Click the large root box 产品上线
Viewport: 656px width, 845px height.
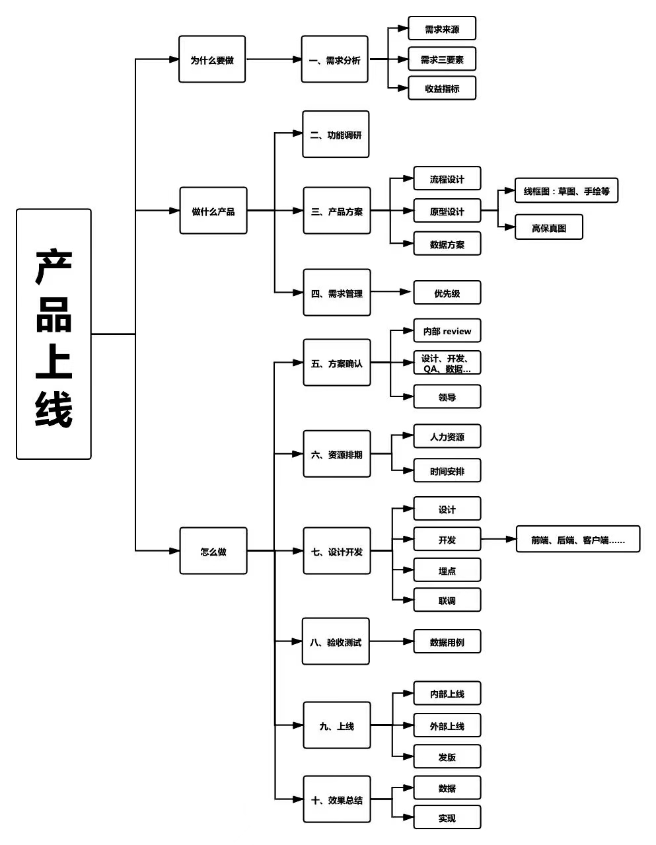(54, 334)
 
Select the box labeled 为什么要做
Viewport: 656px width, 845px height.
(212, 59)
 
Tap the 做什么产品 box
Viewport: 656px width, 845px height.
(213, 211)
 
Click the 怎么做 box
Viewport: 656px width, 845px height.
(213, 550)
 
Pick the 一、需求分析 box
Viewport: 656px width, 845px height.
(334, 59)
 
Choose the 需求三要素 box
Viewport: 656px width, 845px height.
(442, 59)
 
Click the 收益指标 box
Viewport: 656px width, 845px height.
(442, 89)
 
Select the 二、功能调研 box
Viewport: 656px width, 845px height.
(336, 135)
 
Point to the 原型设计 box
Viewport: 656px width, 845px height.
(447, 211)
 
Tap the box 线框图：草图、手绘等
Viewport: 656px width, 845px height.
(567, 191)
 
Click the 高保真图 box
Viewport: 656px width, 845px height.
(549, 227)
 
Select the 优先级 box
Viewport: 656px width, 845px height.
(447, 293)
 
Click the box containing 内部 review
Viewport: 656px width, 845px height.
(447, 331)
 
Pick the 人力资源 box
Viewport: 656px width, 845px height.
(447, 437)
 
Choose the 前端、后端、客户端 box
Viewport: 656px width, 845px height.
(578, 539)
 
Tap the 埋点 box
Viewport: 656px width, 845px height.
(447, 570)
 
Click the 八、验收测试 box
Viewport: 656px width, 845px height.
(336, 642)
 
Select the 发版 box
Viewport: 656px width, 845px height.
(447, 756)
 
